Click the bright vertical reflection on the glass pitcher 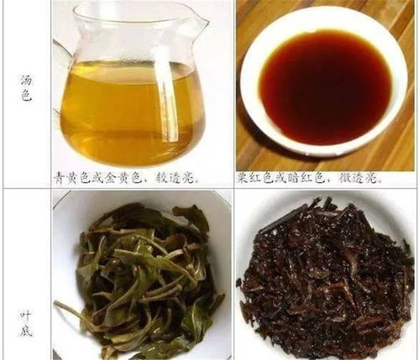point(165,92)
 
